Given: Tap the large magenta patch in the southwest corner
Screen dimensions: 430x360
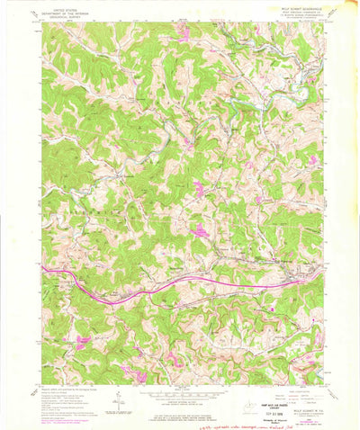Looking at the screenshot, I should (x=83, y=341).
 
